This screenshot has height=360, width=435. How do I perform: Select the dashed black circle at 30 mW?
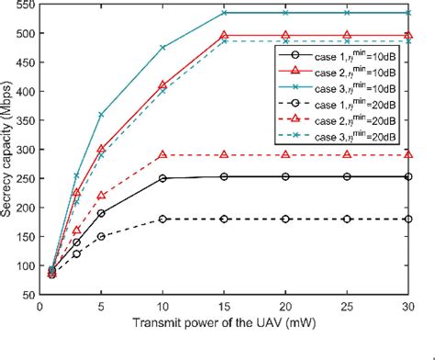click(x=405, y=219)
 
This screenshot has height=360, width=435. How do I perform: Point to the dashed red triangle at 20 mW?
click(x=285, y=155)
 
